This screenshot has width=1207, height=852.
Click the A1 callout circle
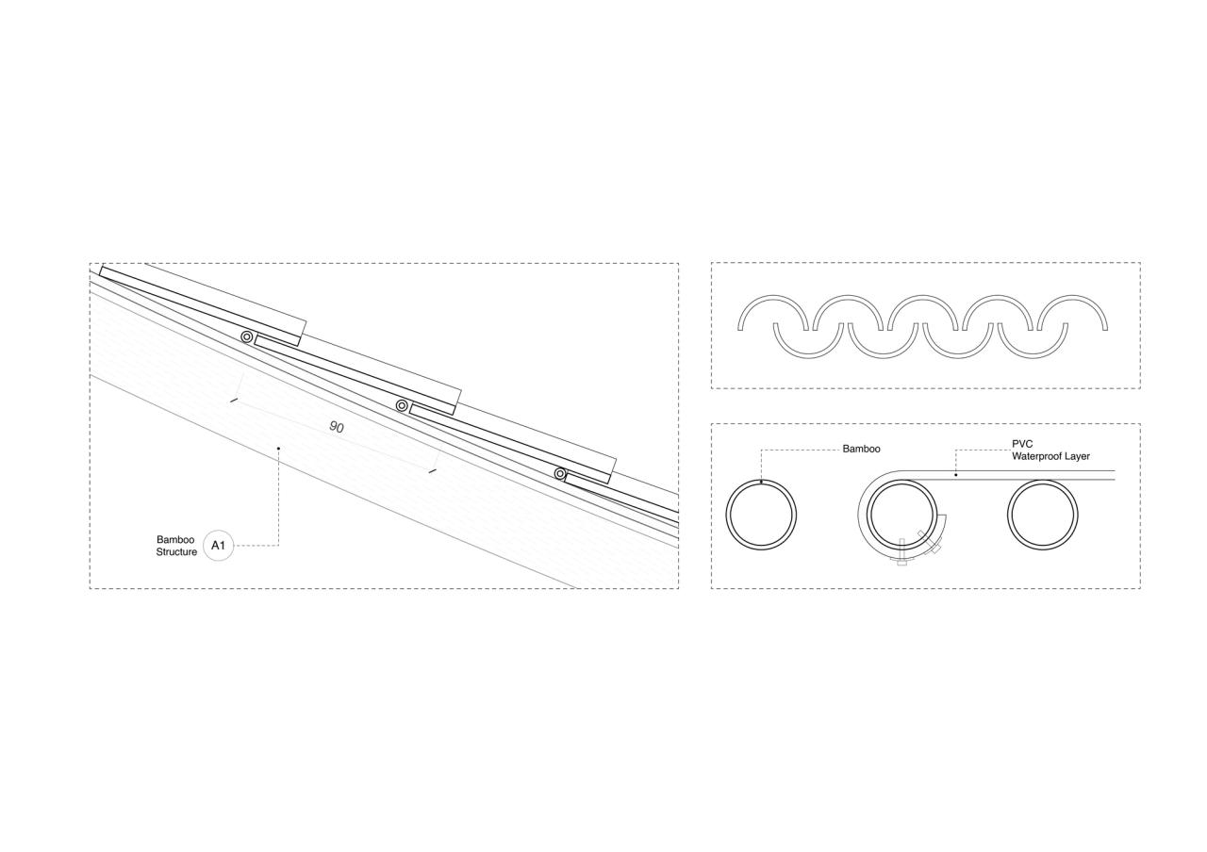tap(218, 546)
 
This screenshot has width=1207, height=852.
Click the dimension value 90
tap(337, 427)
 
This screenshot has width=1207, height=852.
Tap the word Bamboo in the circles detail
tap(861, 449)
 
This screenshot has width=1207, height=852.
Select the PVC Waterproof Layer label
tap(1050, 451)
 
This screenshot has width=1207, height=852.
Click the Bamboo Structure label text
tap(176, 546)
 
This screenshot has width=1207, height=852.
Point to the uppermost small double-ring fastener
tap(247, 337)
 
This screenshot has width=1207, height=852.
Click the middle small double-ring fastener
tap(402, 405)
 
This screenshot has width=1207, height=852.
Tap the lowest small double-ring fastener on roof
tap(560, 474)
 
